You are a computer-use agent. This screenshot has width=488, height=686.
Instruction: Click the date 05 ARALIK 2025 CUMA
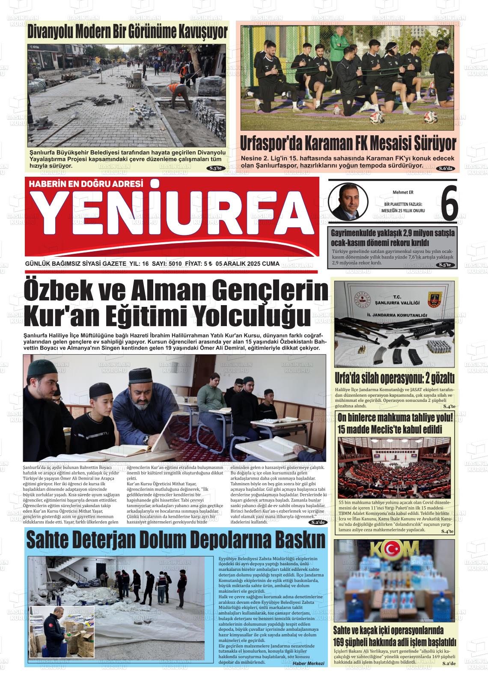pos(248,264)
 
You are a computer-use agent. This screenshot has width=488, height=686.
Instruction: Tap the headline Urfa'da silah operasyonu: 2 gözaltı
pos(394,378)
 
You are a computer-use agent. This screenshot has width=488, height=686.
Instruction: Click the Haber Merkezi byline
pos(308,663)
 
